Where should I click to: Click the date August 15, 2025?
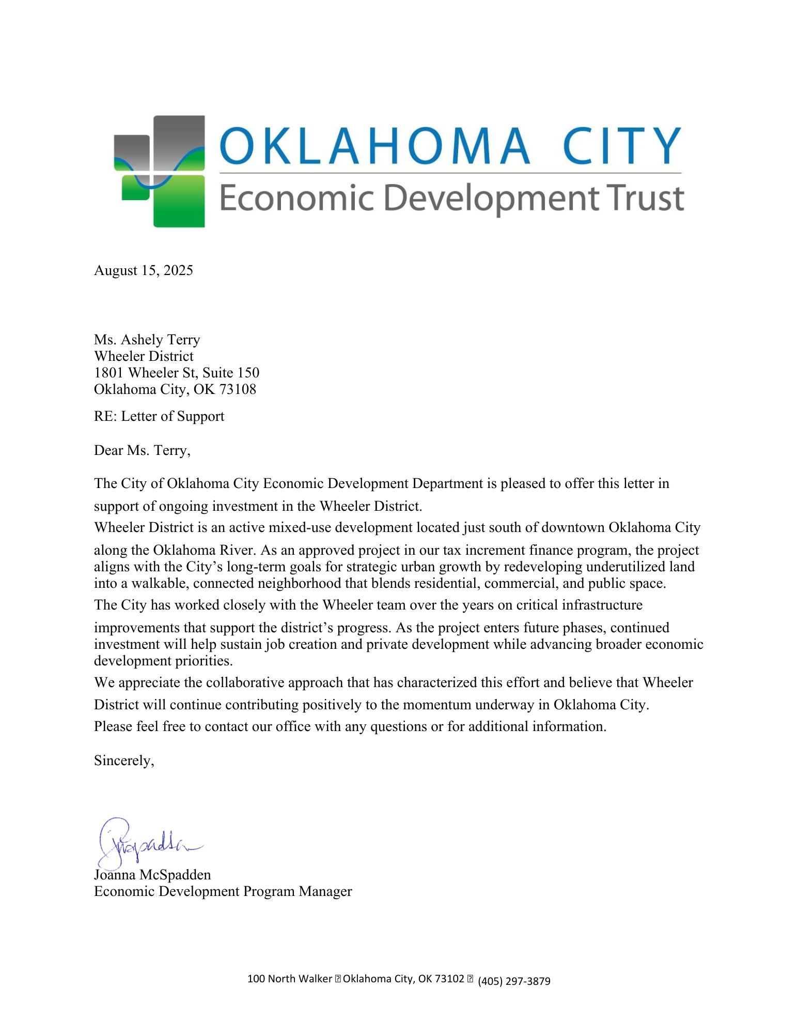pos(143,270)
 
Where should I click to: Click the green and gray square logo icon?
pos(160,171)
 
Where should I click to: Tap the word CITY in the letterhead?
pos(621,146)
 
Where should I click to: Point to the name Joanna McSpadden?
pos(152,875)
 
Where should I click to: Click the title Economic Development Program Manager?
pos(223,891)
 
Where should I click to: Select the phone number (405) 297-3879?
pos(514,981)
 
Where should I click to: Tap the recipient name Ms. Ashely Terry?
pos(147,340)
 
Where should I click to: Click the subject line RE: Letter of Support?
pos(159,416)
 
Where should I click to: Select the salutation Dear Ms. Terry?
pos(142,450)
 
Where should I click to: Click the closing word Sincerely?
pos(124,761)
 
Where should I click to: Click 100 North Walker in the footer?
pos(289,979)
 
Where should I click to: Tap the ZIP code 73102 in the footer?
pos(449,979)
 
